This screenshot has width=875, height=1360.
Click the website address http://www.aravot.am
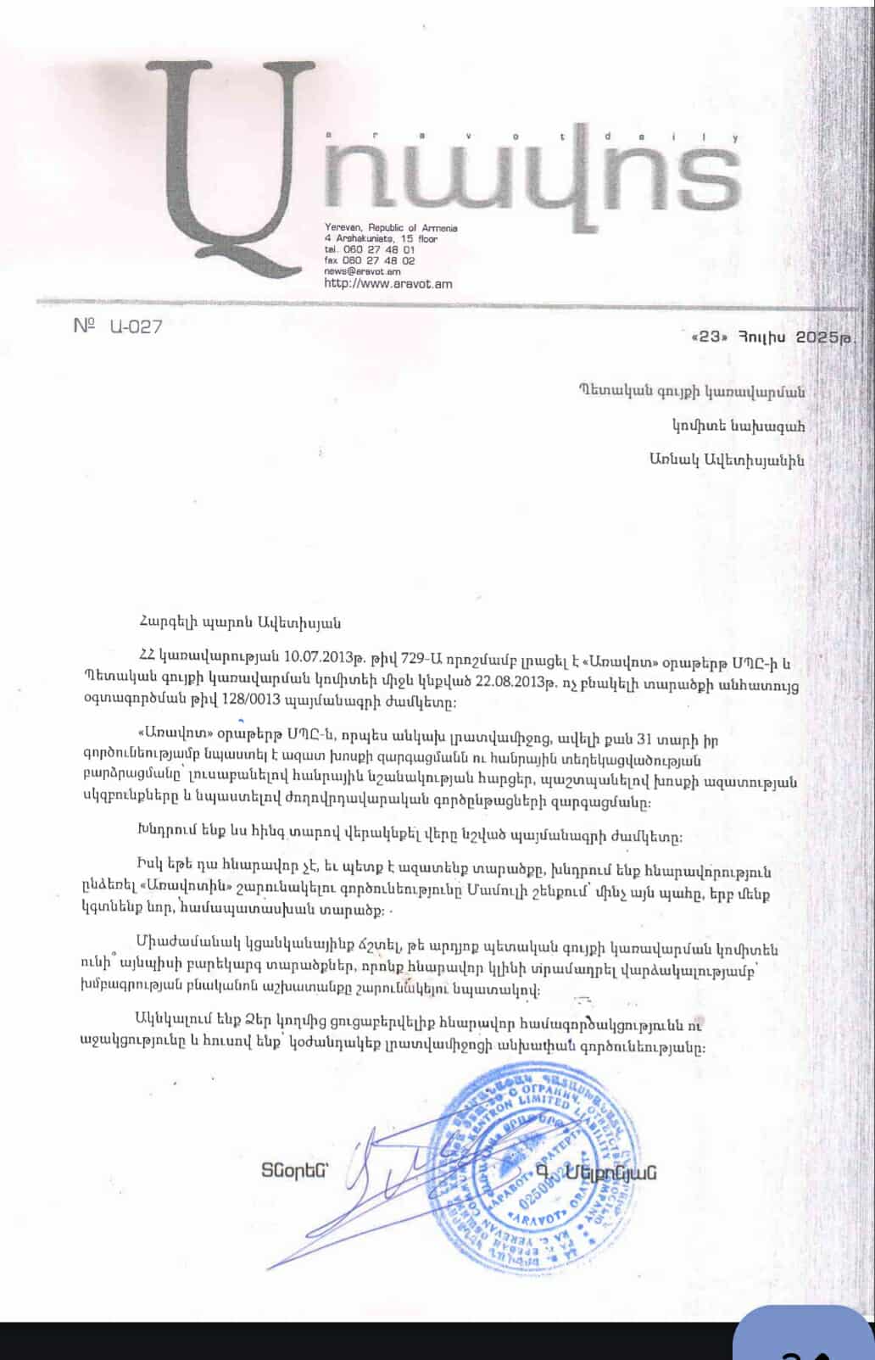(x=387, y=284)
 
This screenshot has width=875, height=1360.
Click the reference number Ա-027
(x=135, y=326)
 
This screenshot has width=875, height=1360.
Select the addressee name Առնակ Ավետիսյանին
(x=727, y=460)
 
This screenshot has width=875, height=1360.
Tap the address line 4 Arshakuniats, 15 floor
(x=381, y=239)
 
